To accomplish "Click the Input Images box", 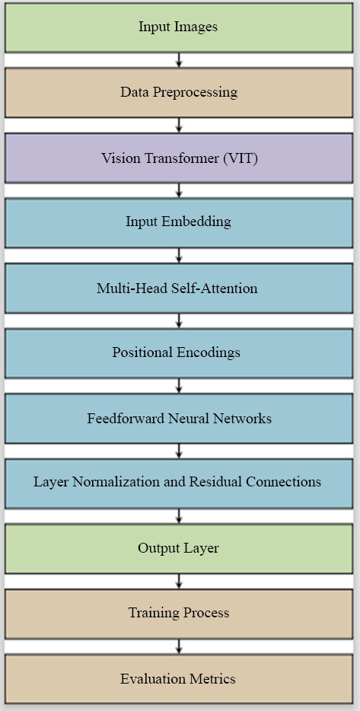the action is tap(179, 27).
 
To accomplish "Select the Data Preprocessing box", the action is tap(179, 93).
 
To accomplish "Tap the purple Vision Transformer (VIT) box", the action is tap(179, 158).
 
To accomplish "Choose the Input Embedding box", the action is tap(179, 222).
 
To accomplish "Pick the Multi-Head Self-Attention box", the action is tap(179, 288).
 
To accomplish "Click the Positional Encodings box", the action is tap(179, 353).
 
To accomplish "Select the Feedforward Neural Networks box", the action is tap(179, 418).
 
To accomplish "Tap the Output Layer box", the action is tap(179, 549).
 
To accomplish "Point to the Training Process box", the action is tap(179, 614).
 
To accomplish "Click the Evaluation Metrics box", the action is tap(179, 679).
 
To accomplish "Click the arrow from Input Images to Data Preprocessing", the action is tap(179, 60).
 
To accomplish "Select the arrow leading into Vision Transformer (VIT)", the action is tap(179, 125).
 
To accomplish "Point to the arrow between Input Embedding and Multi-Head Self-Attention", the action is tap(179, 256).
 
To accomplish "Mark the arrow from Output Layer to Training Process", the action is tap(179, 582).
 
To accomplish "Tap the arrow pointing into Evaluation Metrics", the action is tap(179, 646).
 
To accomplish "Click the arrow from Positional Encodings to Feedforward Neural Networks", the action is tap(179, 386).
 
